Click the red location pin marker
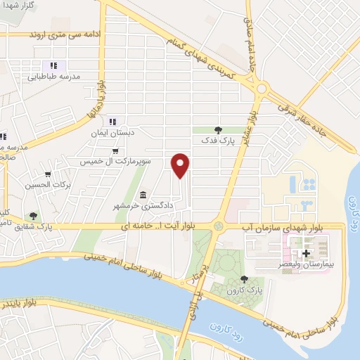pyautogui.click(x=181, y=165)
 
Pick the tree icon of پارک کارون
pyautogui.click(x=244, y=279)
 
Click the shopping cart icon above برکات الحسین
pyautogui.click(x=48, y=174)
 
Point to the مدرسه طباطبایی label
pyautogui.click(x=62, y=75)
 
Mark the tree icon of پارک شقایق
pyautogui.click(x=33, y=215)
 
